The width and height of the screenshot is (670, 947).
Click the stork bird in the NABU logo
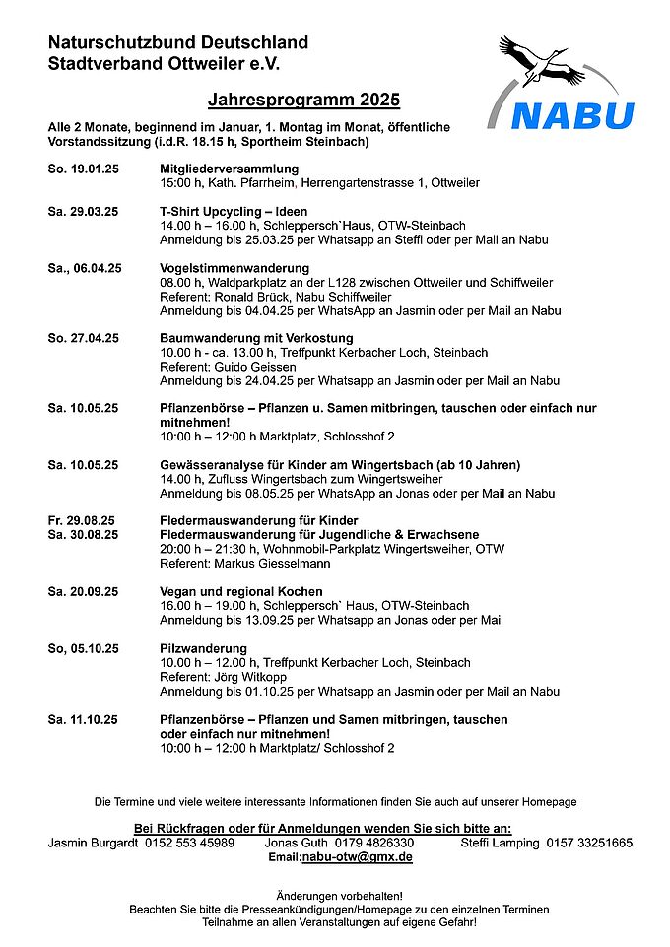click(x=544, y=64)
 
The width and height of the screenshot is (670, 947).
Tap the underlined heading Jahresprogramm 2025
click(x=304, y=101)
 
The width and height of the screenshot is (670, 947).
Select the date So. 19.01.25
click(x=83, y=170)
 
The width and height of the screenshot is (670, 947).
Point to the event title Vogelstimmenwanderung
click(x=234, y=268)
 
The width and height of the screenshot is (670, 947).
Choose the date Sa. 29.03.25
click(x=83, y=212)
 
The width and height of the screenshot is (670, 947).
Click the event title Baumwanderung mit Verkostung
click(x=248, y=338)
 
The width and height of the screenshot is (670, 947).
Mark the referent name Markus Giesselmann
click(x=262, y=563)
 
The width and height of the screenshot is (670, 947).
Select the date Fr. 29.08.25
click(x=81, y=520)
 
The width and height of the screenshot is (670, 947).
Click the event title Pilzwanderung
click(x=203, y=649)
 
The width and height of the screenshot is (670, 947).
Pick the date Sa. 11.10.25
click(x=83, y=720)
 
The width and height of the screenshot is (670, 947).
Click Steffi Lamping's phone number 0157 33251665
click(x=588, y=843)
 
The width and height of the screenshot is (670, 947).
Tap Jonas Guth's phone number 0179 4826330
click(x=373, y=843)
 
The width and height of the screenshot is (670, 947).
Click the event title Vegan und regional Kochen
click(x=240, y=591)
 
